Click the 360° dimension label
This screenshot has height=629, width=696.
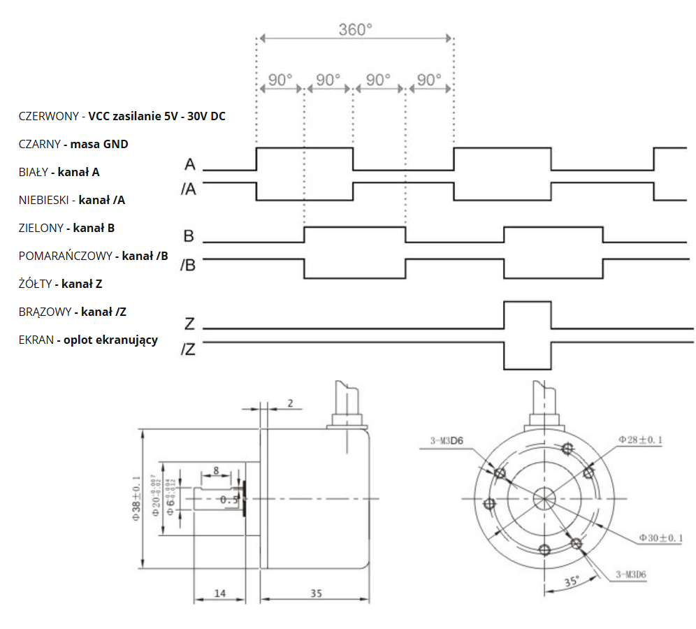[356, 29]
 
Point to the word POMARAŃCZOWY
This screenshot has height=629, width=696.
[65, 256]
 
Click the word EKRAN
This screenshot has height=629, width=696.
[36, 340]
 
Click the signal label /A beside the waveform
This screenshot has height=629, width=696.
[189, 189]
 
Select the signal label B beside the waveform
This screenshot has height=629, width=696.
[189, 236]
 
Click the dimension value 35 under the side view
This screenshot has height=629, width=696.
[316, 593]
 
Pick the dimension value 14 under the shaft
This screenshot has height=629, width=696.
[219, 593]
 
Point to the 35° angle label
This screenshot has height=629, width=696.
[572, 581]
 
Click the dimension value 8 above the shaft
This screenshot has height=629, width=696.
[217, 470]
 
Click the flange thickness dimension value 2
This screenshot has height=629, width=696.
[290, 403]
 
